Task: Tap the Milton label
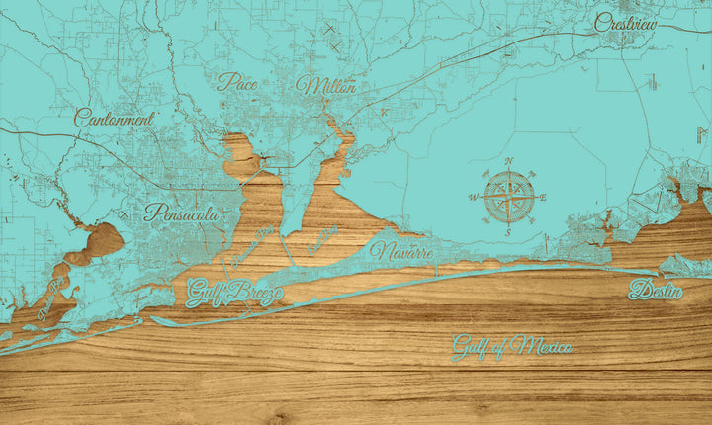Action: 325,86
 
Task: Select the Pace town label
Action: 237,82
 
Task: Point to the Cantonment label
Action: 115,118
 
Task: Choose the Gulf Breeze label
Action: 234,293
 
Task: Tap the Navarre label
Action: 401,251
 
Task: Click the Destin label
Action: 656,291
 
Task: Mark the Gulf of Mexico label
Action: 512,347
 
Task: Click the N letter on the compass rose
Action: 509,161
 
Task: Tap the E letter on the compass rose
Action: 543,198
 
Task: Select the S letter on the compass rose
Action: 508,233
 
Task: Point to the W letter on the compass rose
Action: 473,198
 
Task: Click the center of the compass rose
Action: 508,198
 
